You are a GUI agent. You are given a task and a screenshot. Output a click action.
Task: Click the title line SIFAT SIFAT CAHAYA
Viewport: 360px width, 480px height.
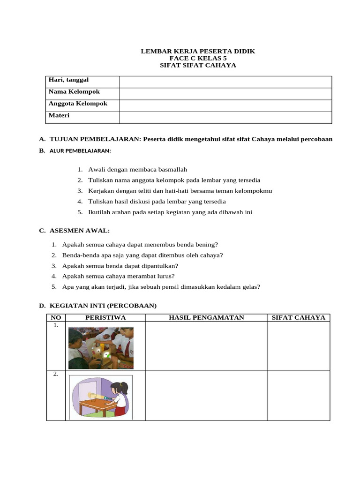tap(198, 65)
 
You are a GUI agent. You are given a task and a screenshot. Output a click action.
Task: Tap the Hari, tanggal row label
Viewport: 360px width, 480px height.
tap(68, 80)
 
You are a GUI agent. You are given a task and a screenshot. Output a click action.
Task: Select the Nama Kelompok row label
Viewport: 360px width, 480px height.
tap(74, 91)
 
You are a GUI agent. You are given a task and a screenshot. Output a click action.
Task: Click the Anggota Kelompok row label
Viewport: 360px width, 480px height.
tap(78, 104)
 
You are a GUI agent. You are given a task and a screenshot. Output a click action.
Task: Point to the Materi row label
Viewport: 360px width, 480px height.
tap(59, 115)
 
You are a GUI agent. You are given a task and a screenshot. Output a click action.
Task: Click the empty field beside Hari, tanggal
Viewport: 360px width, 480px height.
tap(225, 82)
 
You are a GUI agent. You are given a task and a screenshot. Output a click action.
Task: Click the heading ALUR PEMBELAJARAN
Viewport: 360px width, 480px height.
tap(80, 151)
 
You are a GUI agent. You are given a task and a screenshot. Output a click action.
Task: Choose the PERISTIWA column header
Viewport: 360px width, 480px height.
tap(105, 318)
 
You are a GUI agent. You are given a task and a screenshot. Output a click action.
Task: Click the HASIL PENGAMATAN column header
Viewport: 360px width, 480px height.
tap(206, 318)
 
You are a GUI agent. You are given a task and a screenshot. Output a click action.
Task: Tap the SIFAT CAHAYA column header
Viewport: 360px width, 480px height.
tap(299, 318)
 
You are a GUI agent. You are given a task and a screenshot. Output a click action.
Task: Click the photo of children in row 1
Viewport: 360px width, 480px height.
tap(101, 348)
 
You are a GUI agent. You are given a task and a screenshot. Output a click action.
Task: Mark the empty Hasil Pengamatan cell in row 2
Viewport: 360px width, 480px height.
tap(206, 395)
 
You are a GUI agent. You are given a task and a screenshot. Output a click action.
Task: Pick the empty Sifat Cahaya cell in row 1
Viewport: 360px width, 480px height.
tap(299, 346)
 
